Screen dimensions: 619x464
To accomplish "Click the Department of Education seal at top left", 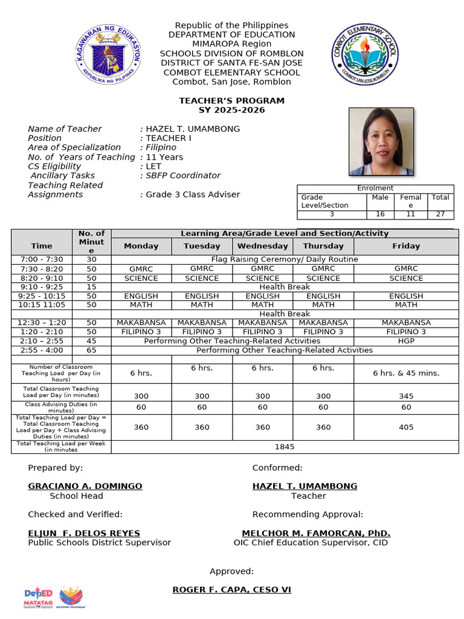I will [x=109, y=56].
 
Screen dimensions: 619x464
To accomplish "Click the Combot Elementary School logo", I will [x=365, y=55].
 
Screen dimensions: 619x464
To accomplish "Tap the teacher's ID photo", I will [x=381, y=141].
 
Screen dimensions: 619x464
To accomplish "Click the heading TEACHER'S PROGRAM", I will [x=231, y=100].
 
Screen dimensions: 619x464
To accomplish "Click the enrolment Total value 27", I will [x=440, y=214].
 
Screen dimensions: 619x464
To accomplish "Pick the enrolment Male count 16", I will [x=380, y=214].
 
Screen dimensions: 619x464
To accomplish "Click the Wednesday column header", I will [x=262, y=246].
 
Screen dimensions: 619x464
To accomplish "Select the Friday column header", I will [x=406, y=246].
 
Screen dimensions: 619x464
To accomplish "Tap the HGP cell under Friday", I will [x=406, y=341].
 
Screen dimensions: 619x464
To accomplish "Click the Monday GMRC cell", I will [x=141, y=269].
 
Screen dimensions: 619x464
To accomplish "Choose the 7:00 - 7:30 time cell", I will [x=42, y=259].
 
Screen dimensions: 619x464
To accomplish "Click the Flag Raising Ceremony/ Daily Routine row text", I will [x=285, y=259].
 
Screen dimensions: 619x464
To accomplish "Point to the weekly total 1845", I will [x=285, y=447].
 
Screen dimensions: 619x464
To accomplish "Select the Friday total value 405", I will [x=406, y=427].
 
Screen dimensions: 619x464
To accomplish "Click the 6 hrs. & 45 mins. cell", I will [x=406, y=373].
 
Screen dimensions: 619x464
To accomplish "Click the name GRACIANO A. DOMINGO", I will [x=85, y=486].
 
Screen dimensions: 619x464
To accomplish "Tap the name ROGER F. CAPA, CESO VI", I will [x=232, y=589].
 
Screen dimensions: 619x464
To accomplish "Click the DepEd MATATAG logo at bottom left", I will [x=39, y=597].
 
